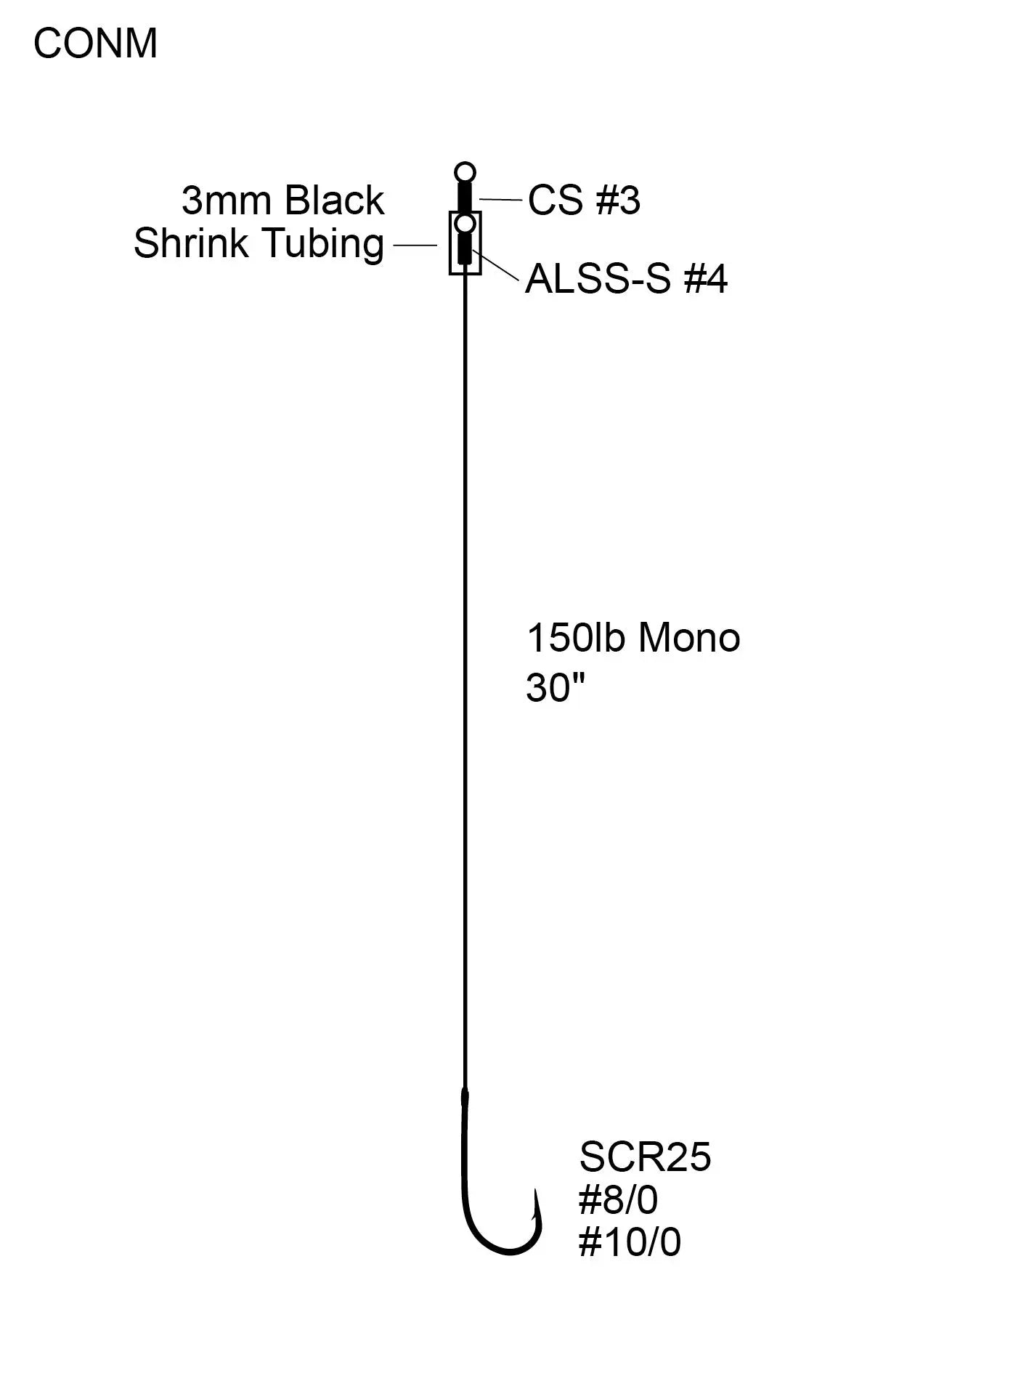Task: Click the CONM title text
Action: click(95, 44)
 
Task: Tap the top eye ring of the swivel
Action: click(465, 173)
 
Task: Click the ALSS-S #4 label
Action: click(626, 279)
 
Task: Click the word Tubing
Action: click(323, 243)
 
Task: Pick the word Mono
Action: click(689, 639)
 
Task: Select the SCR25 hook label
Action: click(645, 1157)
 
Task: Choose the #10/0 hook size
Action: click(630, 1242)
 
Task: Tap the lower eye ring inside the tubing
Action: click(465, 222)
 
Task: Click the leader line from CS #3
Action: click(500, 199)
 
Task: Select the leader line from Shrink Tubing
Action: click(415, 245)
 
